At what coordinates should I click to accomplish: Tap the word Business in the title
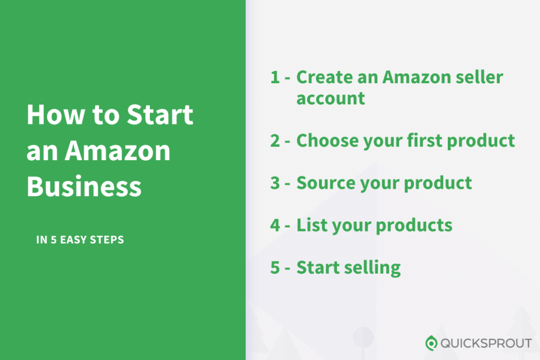click(84, 186)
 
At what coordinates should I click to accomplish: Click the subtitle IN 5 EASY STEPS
click(80, 240)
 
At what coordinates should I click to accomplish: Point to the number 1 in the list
click(274, 77)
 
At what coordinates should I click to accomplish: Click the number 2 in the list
click(275, 141)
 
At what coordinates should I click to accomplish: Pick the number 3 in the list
click(275, 183)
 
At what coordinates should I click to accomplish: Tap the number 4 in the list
click(275, 225)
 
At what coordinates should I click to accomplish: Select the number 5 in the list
click(275, 267)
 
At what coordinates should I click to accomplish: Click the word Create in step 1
click(325, 77)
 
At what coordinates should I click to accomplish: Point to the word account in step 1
click(331, 99)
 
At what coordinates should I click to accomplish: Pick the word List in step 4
click(310, 225)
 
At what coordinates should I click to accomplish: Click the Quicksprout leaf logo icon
click(431, 343)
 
